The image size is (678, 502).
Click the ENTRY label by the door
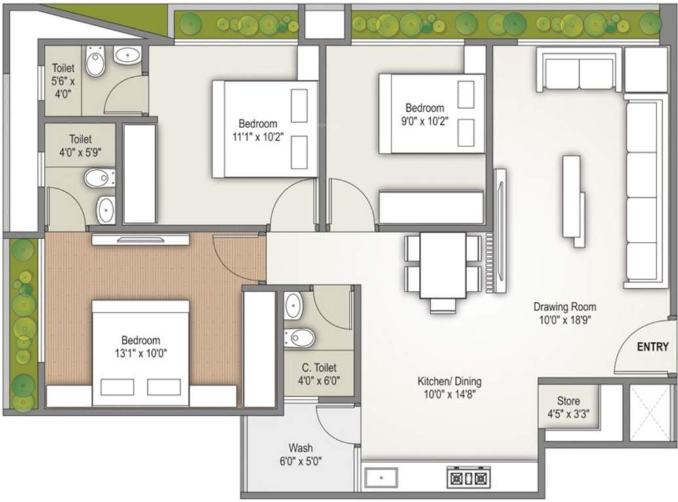pos(652,347)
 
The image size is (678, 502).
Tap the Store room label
pos(568,401)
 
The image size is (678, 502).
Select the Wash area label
pos(300,448)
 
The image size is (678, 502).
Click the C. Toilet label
pos(319,368)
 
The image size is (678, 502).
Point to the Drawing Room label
pos(564,307)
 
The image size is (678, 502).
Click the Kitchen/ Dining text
pos(450,381)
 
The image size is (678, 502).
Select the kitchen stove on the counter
pos(469,478)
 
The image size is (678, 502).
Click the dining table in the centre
pos(442,265)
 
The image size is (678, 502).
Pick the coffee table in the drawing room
pos(573,199)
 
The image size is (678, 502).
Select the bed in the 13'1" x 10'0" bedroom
pos(140,353)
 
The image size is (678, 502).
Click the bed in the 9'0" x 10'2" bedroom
pos(432,114)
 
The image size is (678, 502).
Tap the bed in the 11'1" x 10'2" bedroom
pos(265,129)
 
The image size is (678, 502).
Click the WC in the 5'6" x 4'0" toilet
pos(96,63)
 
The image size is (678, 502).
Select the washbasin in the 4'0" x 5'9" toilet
pos(106,210)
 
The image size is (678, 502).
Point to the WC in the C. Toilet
pos(300,337)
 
